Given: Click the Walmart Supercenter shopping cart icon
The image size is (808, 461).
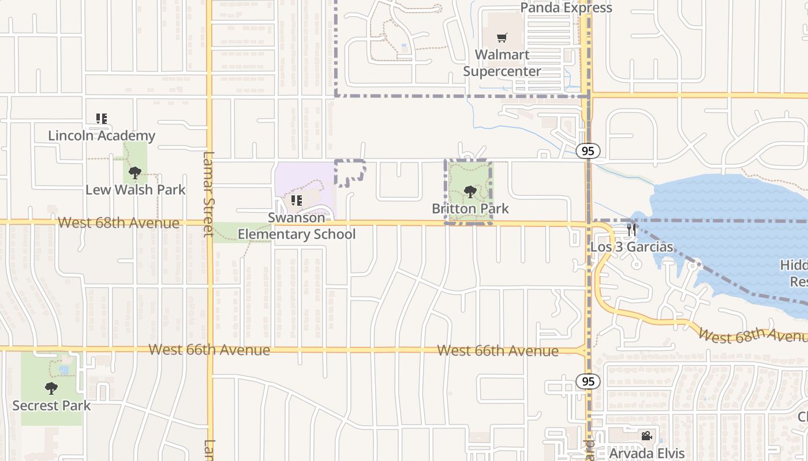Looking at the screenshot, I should (502, 38).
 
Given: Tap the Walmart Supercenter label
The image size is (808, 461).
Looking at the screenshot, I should (502, 63).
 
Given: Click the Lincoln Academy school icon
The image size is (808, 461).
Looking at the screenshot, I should (102, 119).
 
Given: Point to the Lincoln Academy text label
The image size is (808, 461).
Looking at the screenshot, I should (102, 135).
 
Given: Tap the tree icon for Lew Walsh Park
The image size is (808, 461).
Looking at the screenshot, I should (135, 172).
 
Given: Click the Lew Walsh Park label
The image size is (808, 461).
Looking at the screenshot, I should (136, 190).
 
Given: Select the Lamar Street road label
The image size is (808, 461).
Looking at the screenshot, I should (209, 194).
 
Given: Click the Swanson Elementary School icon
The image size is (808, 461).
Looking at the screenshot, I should (297, 201).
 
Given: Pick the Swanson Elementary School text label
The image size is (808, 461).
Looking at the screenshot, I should (297, 226).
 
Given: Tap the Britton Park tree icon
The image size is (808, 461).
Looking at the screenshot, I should (470, 191).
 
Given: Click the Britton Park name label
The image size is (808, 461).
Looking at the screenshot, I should (470, 208).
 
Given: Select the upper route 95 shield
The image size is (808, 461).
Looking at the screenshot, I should (588, 151).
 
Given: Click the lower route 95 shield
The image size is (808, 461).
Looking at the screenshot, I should (588, 381).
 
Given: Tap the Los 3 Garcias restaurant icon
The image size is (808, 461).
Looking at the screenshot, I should (631, 229).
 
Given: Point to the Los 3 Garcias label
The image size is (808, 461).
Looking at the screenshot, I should (631, 247).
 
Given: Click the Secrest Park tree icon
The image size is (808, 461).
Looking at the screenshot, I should (51, 388).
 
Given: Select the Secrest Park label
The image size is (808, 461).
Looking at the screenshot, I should (51, 406).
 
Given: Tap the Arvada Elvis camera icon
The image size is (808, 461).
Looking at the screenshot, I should (646, 436).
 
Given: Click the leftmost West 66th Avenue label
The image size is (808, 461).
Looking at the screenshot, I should (209, 350).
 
